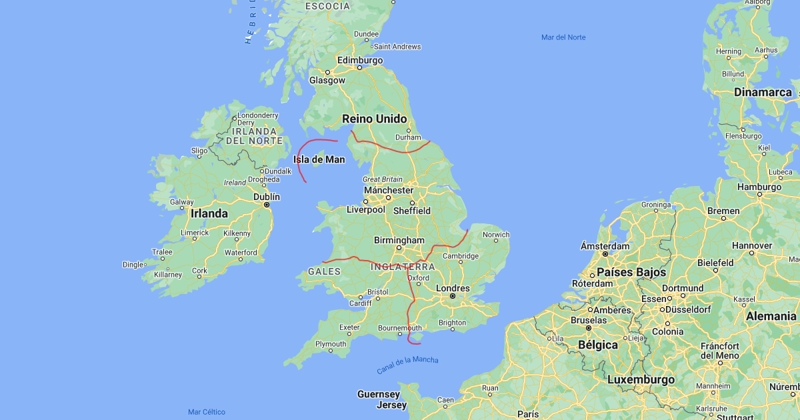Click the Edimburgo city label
pos(360,60)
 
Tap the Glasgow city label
pos(327,81)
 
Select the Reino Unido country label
pos(374,119)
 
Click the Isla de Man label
pos(319,159)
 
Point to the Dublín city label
pos(267,197)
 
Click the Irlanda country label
pos(209,214)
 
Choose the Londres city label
pos(452,289)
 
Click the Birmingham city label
pos(399,240)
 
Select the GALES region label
pos(324,271)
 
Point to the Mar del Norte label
pos(563,37)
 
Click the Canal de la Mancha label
pos(407,365)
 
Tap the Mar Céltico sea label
pos(206,412)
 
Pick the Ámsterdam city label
pos(605,246)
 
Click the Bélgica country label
pos(578,344)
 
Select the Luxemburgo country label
pos(641,380)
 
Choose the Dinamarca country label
pos(763,93)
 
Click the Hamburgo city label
pos(759,187)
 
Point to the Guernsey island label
pos(378,394)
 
